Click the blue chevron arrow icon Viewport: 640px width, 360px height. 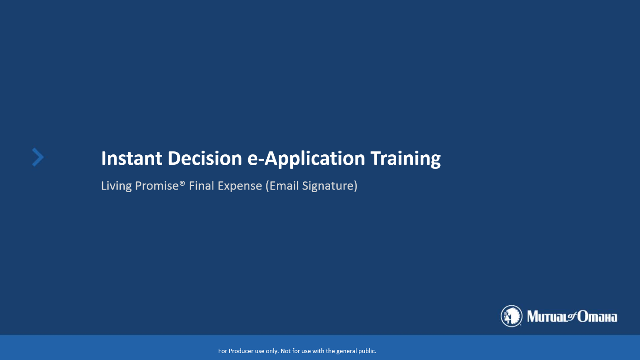pyautogui.click(x=38, y=157)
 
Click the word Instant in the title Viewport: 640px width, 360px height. pyautogui.click(x=132, y=158)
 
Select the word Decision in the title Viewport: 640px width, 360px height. pyautogui.click(x=205, y=158)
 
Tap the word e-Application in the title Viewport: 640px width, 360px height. pyautogui.click(x=306, y=159)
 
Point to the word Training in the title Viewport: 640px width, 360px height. pyautogui.click(x=405, y=159)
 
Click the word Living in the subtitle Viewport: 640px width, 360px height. pyautogui.click(x=116, y=186)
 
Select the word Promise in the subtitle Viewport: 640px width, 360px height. pyautogui.click(x=157, y=186)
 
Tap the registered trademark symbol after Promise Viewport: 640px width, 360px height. pyautogui.click(x=182, y=183)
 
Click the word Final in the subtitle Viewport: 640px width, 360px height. pyautogui.click(x=202, y=186)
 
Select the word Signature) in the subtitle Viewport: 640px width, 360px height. pyautogui.click(x=330, y=186)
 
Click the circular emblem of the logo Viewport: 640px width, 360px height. pyautogui.click(x=511, y=316)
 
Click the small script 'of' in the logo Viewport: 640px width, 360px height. pyautogui.click(x=572, y=316)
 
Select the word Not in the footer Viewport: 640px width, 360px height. pyautogui.click(x=285, y=351)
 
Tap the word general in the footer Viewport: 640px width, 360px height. pyautogui.click(x=345, y=351)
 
